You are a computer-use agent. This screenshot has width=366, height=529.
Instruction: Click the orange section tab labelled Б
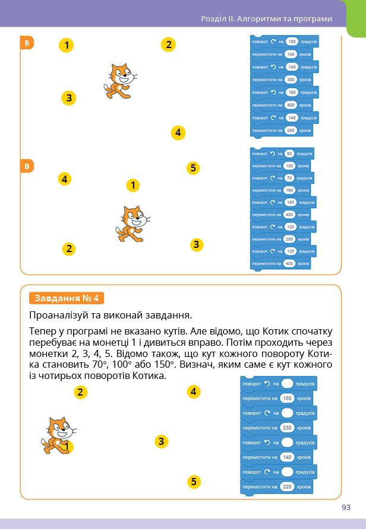click(x=27, y=43)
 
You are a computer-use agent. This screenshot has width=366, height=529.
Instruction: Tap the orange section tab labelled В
click(x=27, y=166)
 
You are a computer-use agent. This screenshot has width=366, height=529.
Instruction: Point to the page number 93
click(x=346, y=507)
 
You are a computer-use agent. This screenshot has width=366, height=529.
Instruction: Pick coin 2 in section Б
click(x=169, y=44)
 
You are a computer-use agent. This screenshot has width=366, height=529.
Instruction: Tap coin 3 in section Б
click(x=69, y=98)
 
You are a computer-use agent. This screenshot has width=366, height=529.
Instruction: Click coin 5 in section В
click(x=193, y=168)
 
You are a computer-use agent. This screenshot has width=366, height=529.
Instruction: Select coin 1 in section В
click(x=133, y=186)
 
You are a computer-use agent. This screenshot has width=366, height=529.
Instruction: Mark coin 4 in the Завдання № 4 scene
click(x=193, y=391)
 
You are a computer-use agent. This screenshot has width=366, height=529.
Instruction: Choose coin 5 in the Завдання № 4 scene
click(x=193, y=481)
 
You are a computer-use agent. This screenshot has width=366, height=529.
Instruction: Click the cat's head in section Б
click(x=121, y=75)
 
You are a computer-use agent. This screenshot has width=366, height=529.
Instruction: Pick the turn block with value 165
click(x=282, y=202)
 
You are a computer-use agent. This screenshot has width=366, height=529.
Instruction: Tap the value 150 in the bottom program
click(x=288, y=399)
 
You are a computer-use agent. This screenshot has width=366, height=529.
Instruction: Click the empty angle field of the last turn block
click(x=288, y=472)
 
